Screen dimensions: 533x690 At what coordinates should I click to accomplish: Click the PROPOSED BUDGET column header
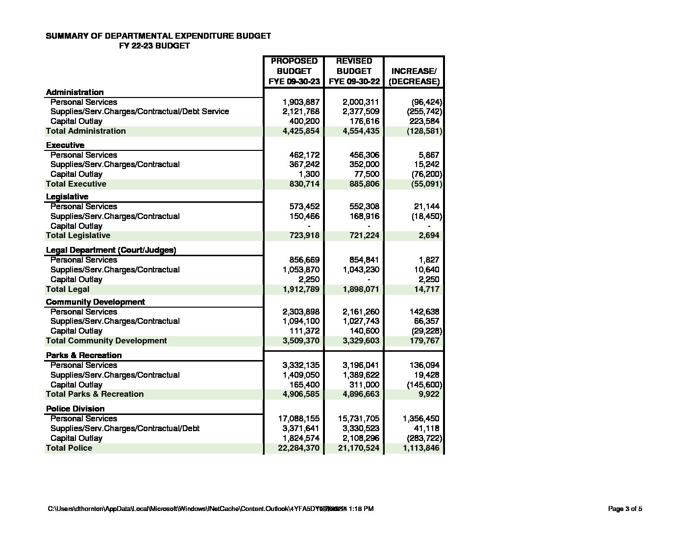[x=294, y=71]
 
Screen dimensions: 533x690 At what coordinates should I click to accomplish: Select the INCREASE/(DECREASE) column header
[x=414, y=76]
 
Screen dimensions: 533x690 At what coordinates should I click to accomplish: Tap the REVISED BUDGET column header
[x=354, y=71]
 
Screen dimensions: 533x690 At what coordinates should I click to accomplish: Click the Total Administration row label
[x=86, y=131]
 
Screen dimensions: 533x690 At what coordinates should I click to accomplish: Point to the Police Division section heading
[x=75, y=409]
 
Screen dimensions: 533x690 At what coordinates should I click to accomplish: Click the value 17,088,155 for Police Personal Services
[x=298, y=418]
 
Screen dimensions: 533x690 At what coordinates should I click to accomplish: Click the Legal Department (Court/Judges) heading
[x=111, y=250]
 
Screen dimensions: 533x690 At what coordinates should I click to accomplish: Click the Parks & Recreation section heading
[x=84, y=355]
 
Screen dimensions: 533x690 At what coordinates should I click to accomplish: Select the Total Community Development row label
[x=106, y=340]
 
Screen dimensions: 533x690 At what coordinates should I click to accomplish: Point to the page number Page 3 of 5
[x=625, y=509]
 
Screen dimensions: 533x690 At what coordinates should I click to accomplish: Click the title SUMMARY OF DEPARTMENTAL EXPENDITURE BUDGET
[x=158, y=36]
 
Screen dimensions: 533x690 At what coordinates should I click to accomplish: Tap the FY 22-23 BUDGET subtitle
[x=154, y=46]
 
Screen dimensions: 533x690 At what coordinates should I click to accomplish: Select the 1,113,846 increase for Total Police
[x=421, y=448]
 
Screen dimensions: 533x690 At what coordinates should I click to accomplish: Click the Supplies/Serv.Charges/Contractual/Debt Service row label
[x=140, y=111]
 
